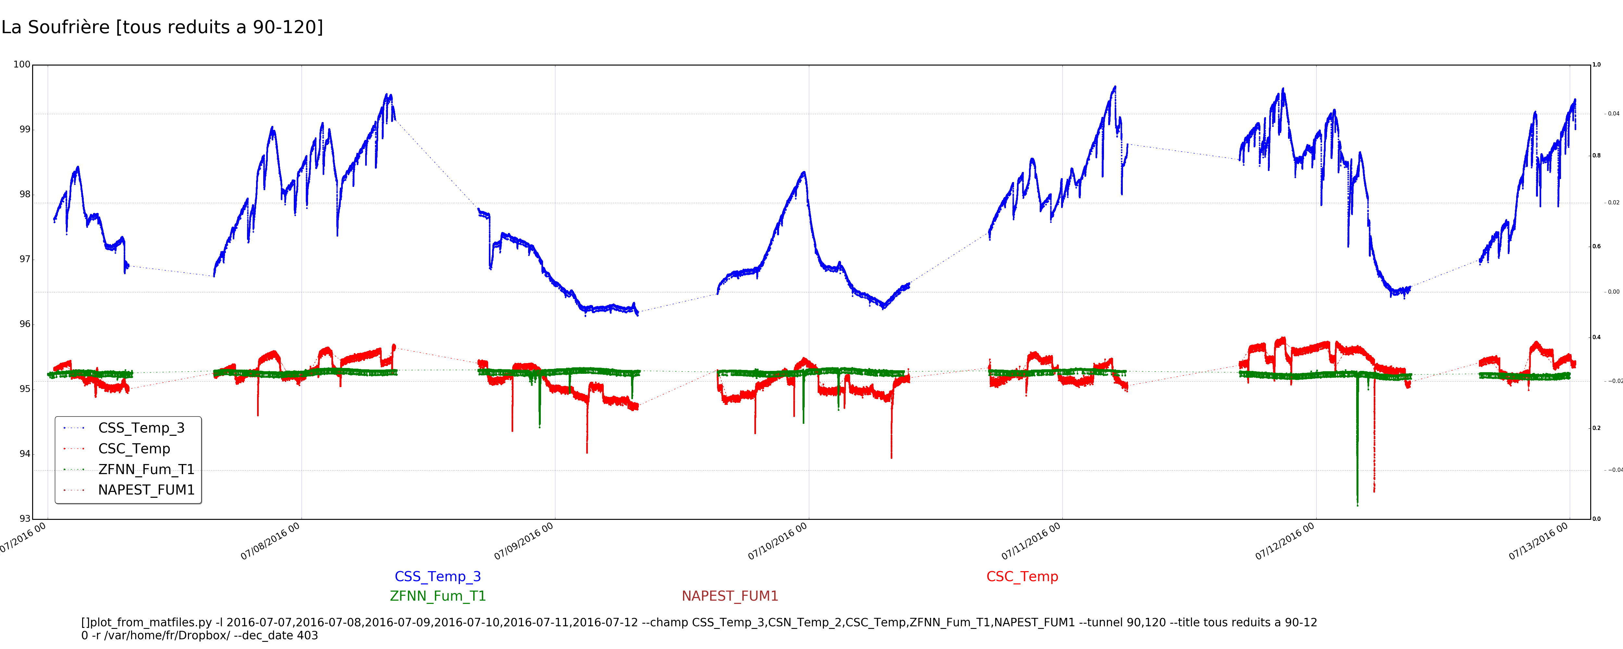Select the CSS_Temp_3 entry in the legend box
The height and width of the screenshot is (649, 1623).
(141, 428)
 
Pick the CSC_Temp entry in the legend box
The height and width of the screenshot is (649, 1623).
(134, 449)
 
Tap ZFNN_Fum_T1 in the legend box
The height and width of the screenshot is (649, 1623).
(146, 470)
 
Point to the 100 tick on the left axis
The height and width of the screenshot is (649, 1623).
(22, 64)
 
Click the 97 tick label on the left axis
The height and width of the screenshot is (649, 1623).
(25, 259)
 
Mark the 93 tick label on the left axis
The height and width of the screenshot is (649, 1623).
(25, 519)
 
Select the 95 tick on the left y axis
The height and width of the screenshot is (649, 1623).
(25, 389)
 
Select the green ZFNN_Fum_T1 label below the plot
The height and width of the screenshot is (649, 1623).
(438, 596)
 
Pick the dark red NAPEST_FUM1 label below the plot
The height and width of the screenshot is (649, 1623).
(730, 596)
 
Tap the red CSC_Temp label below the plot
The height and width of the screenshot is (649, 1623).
(1022, 577)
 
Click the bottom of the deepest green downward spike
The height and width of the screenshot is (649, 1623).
(1357, 505)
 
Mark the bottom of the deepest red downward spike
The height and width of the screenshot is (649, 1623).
(1374, 491)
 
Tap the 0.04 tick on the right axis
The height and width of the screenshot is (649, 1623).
(1613, 114)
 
